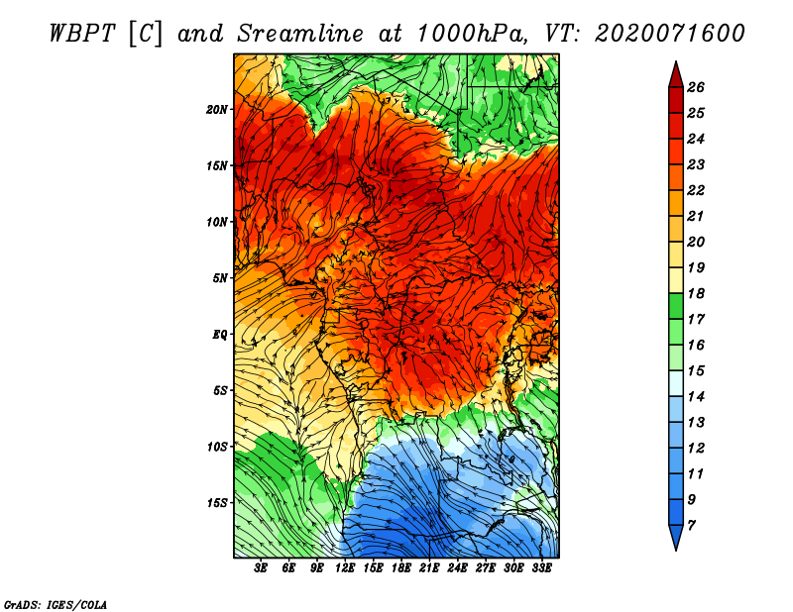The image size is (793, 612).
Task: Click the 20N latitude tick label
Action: [217, 110]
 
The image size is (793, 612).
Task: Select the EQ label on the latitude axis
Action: [219, 335]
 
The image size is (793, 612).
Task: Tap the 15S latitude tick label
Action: [217, 503]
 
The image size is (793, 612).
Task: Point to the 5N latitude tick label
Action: [220, 278]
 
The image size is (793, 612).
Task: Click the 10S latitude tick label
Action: [217, 447]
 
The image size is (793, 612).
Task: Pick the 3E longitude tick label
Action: [261, 568]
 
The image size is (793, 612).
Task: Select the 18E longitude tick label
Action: [401, 568]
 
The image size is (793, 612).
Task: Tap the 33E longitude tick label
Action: [541, 568]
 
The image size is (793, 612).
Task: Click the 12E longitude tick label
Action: [345, 568]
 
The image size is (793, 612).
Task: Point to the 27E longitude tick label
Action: [486, 568]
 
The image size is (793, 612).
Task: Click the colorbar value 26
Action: [696, 87]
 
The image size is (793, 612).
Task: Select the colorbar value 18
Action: [696, 293]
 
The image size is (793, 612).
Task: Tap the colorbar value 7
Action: [692, 526]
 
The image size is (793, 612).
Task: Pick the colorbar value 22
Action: [696, 190]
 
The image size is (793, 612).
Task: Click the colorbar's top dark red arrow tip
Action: [676, 61]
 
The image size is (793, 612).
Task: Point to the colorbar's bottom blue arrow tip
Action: [676, 550]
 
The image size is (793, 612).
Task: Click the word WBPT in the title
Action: [83, 34]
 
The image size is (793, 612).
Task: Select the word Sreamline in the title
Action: [300, 34]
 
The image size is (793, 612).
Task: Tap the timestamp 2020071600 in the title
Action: [670, 34]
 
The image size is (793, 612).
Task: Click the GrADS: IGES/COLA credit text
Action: [56, 604]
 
